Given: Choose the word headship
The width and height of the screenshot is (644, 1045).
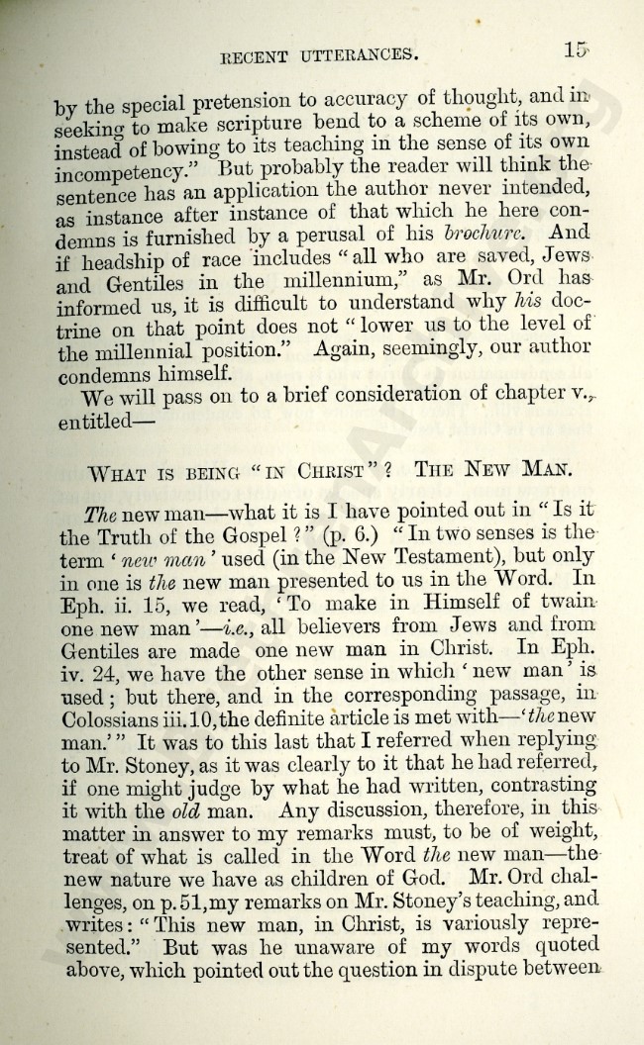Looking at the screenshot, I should [x=119, y=260].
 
